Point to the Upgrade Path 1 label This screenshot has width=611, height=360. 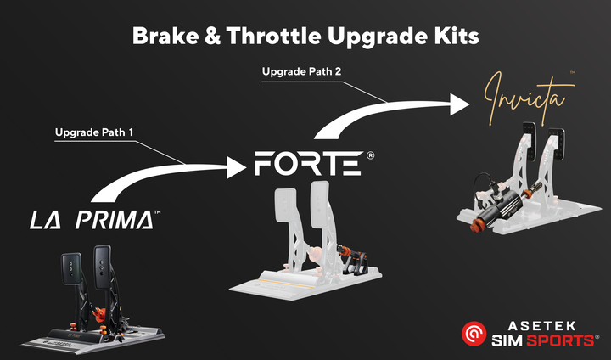94,132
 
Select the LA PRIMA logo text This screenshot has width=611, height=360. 92,220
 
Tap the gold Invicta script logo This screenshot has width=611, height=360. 522,98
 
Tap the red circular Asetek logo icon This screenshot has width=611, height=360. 473,334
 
